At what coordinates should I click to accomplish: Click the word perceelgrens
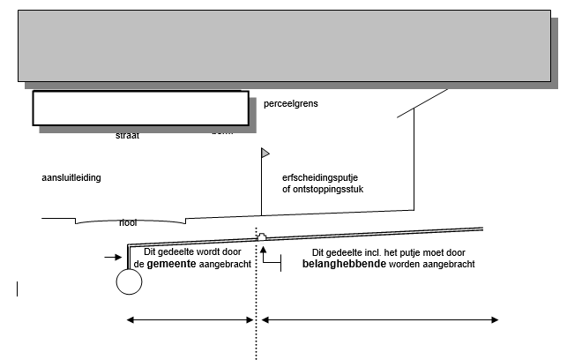tap(290, 104)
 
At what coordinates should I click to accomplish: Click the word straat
tap(128, 136)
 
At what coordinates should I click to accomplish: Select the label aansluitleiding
tap(71, 177)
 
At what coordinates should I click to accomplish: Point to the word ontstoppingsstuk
tap(332, 188)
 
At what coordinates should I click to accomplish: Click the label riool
tap(128, 222)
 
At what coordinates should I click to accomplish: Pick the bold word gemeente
tap(171, 264)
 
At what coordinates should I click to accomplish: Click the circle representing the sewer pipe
tap(129, 281)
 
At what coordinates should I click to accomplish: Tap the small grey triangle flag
tap(265, 153)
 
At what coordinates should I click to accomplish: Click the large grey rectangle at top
tap(284, 46)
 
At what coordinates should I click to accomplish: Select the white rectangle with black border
tap(140, 108)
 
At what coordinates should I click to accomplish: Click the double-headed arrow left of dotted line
tap(190, 319)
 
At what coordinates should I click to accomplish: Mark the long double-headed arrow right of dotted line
tap(380, 319)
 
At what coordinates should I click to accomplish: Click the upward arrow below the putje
tap(263, 252)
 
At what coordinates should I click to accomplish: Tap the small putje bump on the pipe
tap(261, 236)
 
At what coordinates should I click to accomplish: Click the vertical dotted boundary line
tap(257, 300)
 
